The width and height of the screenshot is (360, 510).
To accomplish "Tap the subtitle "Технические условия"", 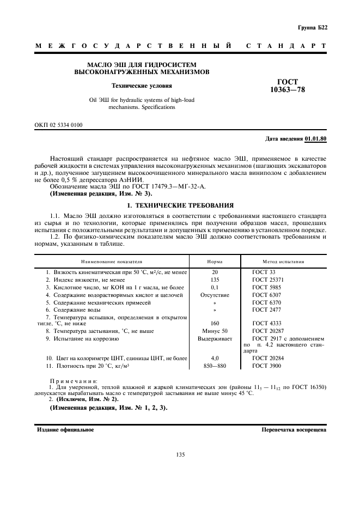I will coord(142,86).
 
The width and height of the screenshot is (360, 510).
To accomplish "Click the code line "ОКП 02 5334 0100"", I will coord(59,125).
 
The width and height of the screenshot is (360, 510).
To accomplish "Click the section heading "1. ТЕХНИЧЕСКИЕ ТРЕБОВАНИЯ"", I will coord(180,205).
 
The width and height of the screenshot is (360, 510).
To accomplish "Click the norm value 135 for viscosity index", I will coord(215,279).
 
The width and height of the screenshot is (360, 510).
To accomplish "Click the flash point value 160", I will coord(215,323).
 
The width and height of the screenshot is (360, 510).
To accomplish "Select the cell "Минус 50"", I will coord(215,331).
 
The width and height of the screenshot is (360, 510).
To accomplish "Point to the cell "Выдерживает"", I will coord(215,338).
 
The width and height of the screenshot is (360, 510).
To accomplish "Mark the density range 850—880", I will coord(215,366).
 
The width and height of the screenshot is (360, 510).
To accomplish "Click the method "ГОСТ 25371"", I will coord(268,279).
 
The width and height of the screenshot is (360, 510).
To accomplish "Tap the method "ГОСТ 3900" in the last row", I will coord(266,366).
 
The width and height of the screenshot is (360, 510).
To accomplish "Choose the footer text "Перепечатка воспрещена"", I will coord(294,429).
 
